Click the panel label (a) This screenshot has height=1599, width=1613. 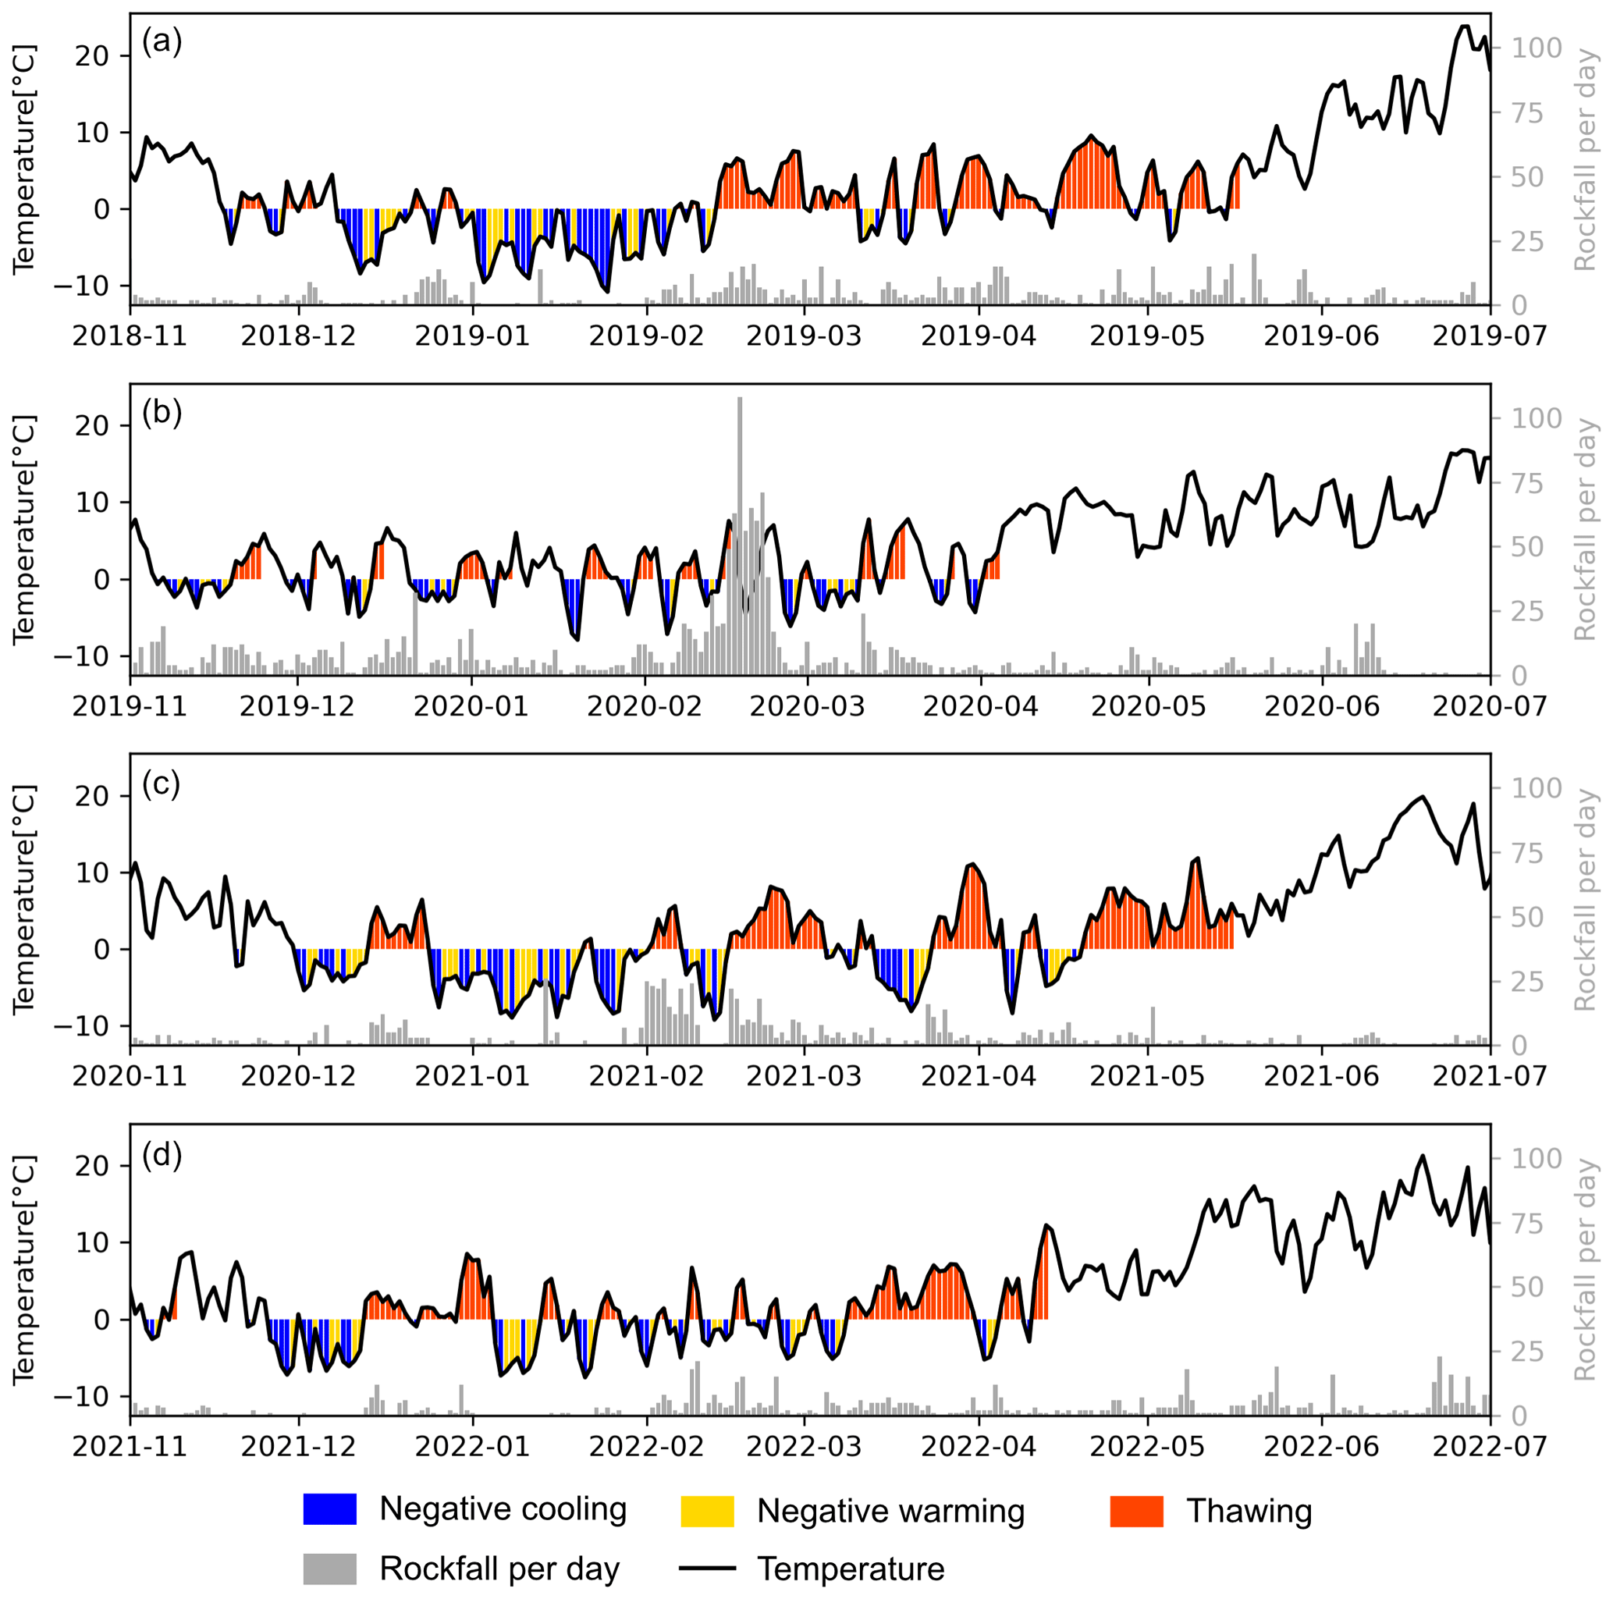tap(162, 40)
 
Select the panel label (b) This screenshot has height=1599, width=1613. tap(162, 411)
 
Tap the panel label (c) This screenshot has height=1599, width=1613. tap(162, 783)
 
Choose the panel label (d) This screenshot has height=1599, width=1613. tap(162, 1154)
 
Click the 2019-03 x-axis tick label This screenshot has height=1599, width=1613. tap(804, 336)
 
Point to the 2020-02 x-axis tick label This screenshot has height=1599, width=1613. tap(645, 706)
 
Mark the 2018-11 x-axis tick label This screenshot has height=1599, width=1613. tap(130, 336)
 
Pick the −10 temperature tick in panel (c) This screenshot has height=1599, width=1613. tap(82, 1026)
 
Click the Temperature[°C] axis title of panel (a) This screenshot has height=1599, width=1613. tap(25, 158)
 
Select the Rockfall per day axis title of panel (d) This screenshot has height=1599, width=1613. tap(1585, 1270)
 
